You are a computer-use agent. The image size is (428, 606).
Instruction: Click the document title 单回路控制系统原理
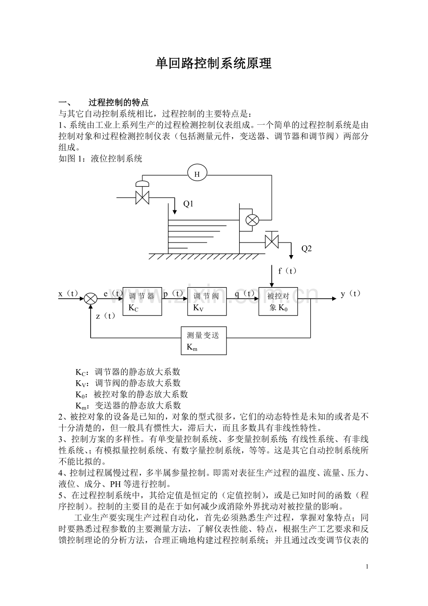[214, 64]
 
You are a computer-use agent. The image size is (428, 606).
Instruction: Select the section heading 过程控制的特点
[119, 102]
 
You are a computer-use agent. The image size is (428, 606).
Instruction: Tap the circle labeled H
[197, 174]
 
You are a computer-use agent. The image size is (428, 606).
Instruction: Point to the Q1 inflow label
[188, 204]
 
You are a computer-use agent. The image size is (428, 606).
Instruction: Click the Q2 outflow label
[307, 249]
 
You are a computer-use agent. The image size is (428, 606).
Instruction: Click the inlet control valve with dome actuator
[142, 193]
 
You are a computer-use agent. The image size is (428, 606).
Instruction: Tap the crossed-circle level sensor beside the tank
[252, 220]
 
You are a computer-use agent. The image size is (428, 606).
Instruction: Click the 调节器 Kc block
[142, 302]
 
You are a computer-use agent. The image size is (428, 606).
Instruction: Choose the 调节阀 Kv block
[207, 302]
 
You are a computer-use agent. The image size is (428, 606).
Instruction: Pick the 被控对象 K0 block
[278, 302]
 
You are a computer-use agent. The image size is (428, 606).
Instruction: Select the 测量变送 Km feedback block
[204, 341]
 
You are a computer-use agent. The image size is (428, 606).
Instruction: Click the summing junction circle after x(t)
[91, 299]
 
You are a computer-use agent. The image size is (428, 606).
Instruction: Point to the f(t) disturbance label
[288, 271]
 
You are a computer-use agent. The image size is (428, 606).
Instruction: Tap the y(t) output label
[351, 294]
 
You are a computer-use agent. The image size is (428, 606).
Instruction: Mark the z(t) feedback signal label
[106, 316]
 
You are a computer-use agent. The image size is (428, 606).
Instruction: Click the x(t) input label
[68, 294]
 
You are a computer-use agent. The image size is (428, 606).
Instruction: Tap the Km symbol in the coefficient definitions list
[80, 406]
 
